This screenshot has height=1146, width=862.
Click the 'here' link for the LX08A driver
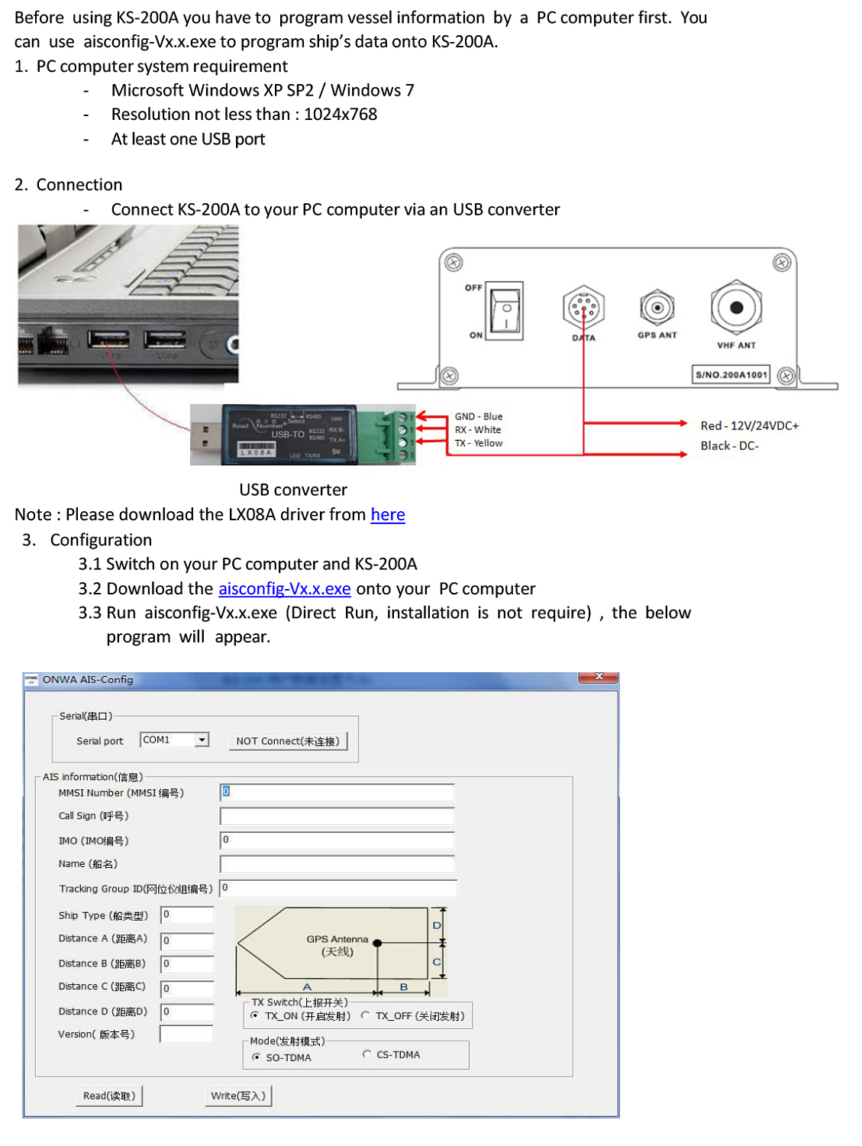point(387,515)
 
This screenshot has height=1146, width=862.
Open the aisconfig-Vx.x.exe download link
point(284,589)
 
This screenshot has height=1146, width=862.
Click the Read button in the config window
point(109,1096)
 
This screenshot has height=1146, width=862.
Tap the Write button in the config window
point(238,1096)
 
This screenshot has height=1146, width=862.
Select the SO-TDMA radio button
point(257,1057)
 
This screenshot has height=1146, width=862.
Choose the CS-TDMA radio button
point(367,1054)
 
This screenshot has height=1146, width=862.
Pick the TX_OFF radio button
point(366,1015)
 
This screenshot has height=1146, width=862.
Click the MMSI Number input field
point(337,792)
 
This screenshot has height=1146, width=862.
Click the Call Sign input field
point(337,816)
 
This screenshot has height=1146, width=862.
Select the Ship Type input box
point(187,915)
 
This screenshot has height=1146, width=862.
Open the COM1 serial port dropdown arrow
point(202,740)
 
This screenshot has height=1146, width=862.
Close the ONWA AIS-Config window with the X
point(599,677)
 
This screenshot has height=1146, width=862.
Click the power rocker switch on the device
point(505,311)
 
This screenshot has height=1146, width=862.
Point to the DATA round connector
point(583,308)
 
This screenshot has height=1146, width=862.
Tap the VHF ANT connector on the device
point(736,308)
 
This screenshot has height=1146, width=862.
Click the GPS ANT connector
point(657,308)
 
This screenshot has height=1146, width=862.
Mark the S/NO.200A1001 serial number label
point(731,374)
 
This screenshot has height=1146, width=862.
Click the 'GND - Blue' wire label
point(479,416)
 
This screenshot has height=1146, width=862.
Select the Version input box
point(186,1034)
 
